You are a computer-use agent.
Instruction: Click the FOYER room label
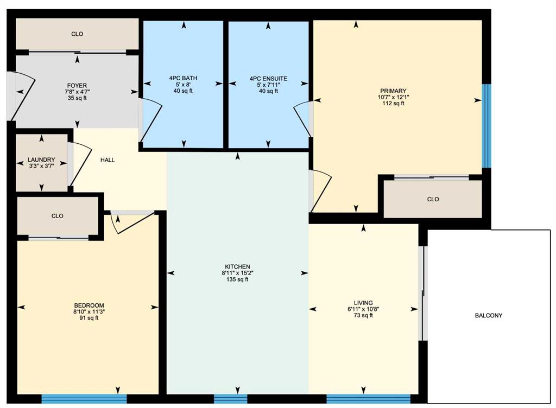click(x=77, y=85)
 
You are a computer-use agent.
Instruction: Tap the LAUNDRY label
click(x=41, y=160)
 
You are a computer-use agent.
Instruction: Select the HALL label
click(x=108, y=160)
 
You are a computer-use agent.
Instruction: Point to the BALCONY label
click(x=489, y=316)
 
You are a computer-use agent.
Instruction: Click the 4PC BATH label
click(x=184, y=78)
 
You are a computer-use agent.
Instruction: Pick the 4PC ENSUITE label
click(x=268, y=79)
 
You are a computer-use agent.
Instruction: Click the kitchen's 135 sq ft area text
click(x=238, y=279)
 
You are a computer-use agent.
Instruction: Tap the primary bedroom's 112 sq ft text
click(x=393, y=104)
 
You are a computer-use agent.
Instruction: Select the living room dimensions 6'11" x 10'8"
click(x=363, y=309)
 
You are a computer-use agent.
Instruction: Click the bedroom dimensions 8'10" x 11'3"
click(x=89, y=311)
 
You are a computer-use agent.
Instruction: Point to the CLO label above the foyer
click(x=77, y=34)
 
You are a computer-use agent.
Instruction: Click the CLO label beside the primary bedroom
click(x=433, y=200)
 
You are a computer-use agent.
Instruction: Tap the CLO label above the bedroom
click(x=58, y=216)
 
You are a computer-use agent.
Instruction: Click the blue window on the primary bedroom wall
click(x=486, y=126)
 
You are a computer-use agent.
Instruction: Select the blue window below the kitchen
click(x=230, y=399)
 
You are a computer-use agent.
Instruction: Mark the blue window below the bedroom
click(x=84, y=399)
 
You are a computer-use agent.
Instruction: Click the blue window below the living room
click(x=369, y=399)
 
